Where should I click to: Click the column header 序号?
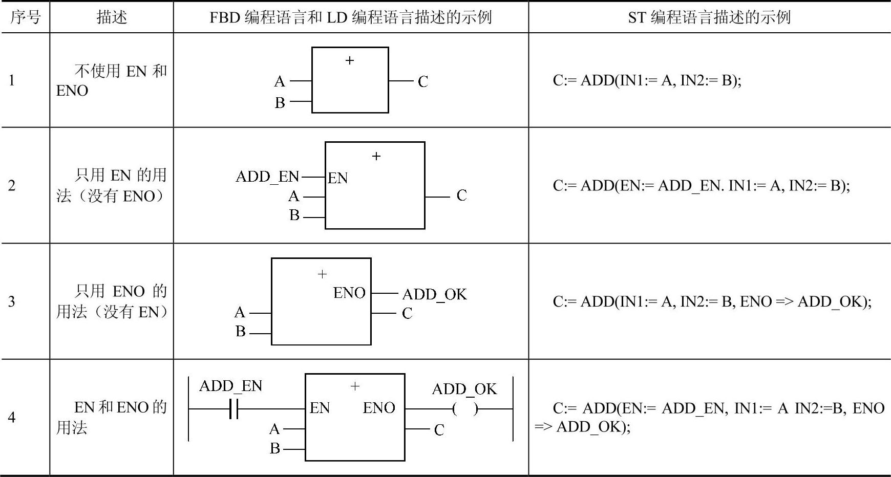click(25, 17)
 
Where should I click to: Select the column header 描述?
click(112, 17)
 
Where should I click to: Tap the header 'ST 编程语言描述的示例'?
click(709, 17)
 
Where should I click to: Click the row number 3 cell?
click(12, 301)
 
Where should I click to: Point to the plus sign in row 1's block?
click(350, 61)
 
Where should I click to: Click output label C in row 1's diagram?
click(422, 81)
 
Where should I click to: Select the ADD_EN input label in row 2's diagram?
click(267, 177)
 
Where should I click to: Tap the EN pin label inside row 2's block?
click(337, 178)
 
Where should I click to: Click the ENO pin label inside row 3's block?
click(349, 293)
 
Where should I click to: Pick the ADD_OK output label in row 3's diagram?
click(434, 294)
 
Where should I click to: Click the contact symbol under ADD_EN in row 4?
click(234, 409)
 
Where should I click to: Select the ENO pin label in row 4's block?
click(379, 408)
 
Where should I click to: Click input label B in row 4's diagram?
click(275, 449)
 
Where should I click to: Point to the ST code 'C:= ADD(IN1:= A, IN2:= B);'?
click(647, 80)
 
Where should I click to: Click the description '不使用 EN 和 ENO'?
click(112, 80)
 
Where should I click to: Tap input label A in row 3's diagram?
click(240, 312)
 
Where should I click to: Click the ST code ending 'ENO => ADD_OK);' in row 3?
click(712, 301)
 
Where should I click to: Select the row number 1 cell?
click(12, 80)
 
